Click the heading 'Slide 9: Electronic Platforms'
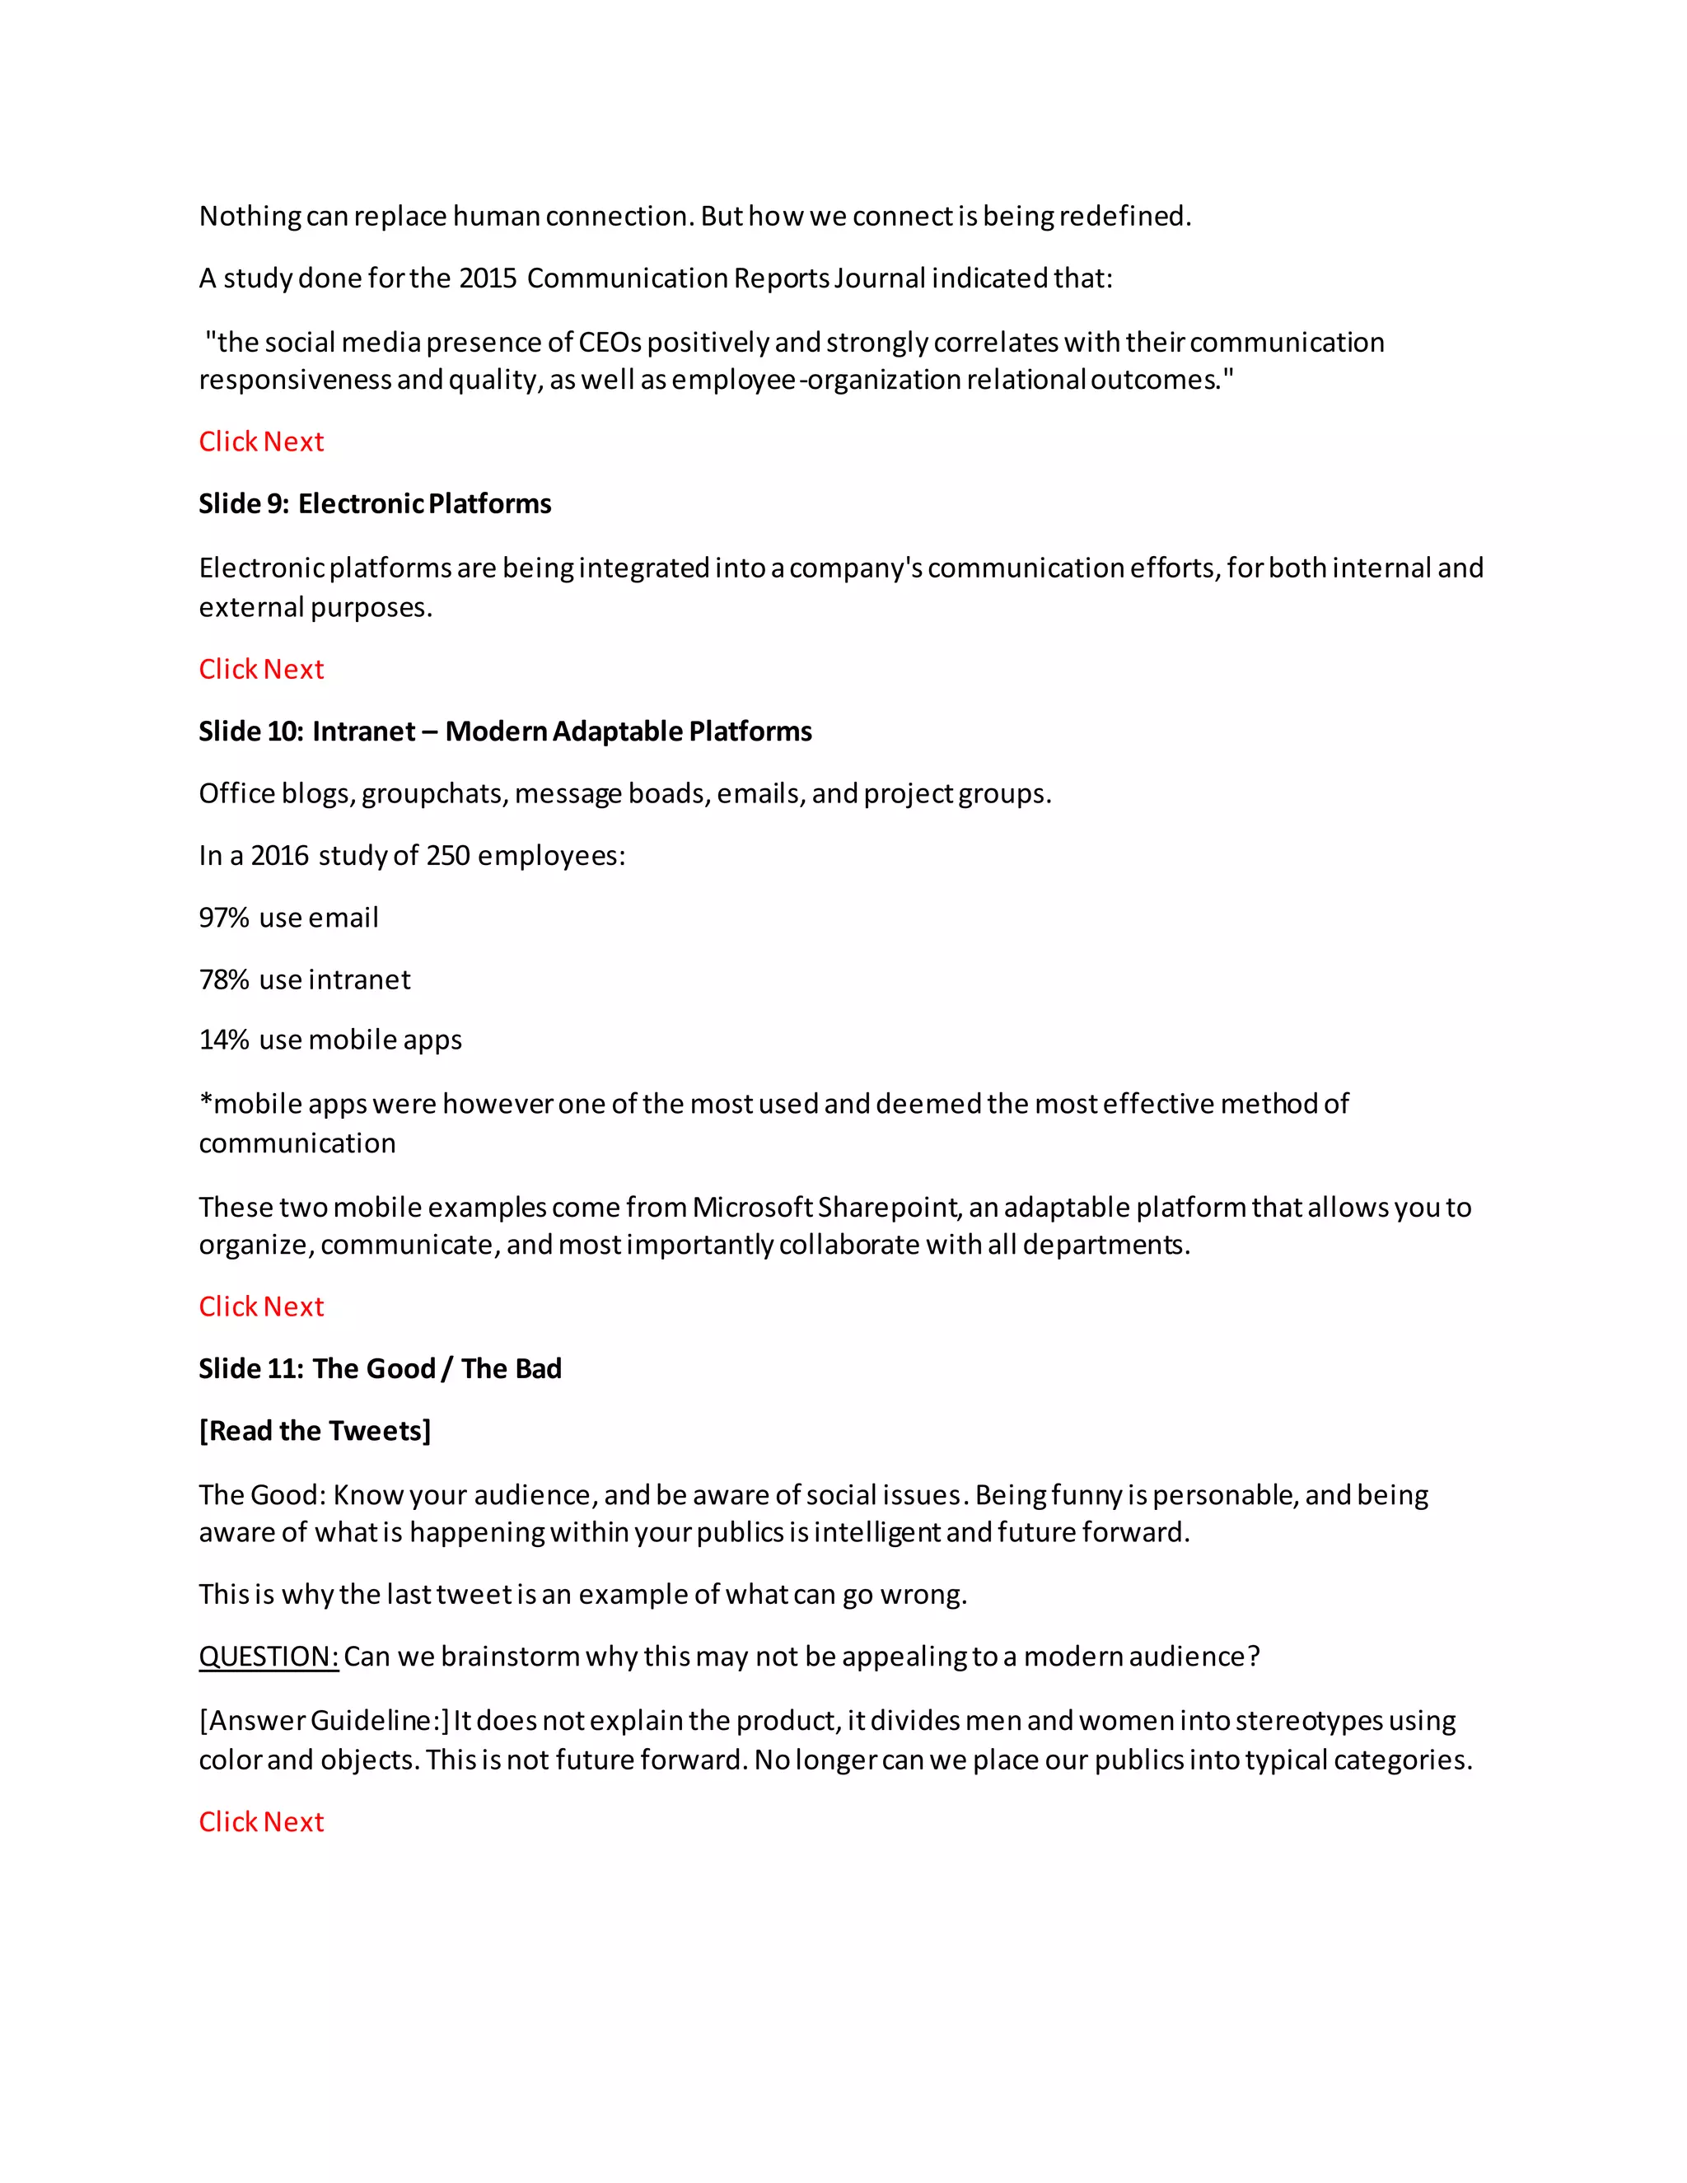pyautogui.click(x=375, y=504)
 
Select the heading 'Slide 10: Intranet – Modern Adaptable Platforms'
pyautogui.click(x=505, y=732)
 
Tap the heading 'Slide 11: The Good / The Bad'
pyautogui.click(x=380, y=1368)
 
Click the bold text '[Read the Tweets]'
pyautogui.click(x=315, y=1432)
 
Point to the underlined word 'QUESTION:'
pyautogui.click(x=269, y=1657)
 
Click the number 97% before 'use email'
pyautogui.click(x=224, y=918)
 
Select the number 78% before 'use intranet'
pyautogui.click(x=224, y=979)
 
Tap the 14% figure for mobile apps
pyautogui.click(x=224, y=1040)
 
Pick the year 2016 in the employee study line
pyautogui.click(x=280, y=856)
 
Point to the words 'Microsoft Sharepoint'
pyautogui.click(x=825, y=1208)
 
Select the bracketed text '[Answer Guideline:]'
pyautogui.click(x=324, y=1721)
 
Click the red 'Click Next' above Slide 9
pyautogui.click(x=261, y=442)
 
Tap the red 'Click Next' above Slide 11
pyautogui.click(x=261, y=1307)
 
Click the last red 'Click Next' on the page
pyautogui.click(x=261, y=1822)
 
